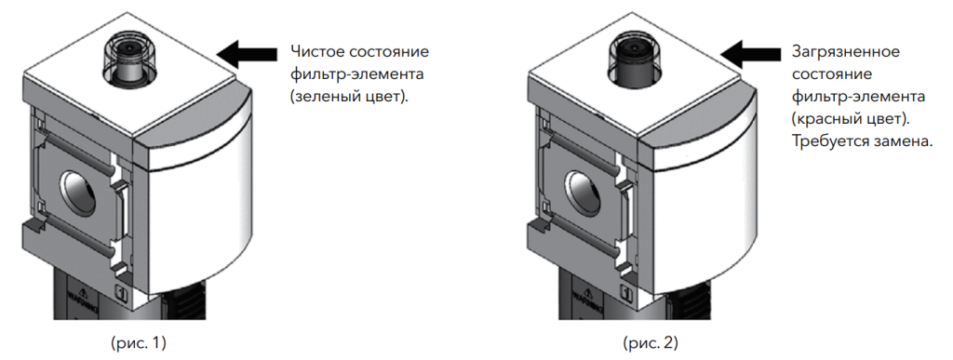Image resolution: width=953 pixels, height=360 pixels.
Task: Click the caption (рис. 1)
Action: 139,343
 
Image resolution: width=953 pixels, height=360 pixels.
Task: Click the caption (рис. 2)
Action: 651,343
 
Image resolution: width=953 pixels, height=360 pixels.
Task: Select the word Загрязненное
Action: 846,52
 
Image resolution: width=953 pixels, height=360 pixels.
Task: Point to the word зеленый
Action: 327,97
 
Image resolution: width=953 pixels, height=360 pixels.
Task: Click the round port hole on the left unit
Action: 76,192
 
